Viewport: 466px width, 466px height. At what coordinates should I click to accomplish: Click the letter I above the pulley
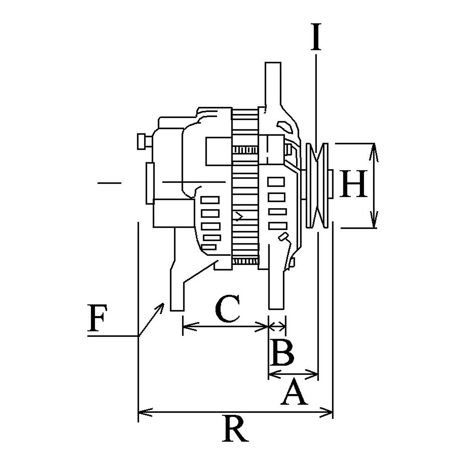click(x=316, y=37)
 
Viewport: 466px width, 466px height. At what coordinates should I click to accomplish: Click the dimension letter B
click(x=282, y=353)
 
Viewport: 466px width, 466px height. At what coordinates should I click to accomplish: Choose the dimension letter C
click(x=227, y=309)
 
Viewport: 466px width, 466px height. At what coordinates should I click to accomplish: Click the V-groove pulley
click(x=317, y=186)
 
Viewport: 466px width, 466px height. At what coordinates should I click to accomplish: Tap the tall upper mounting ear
click(x=273, y=85)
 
